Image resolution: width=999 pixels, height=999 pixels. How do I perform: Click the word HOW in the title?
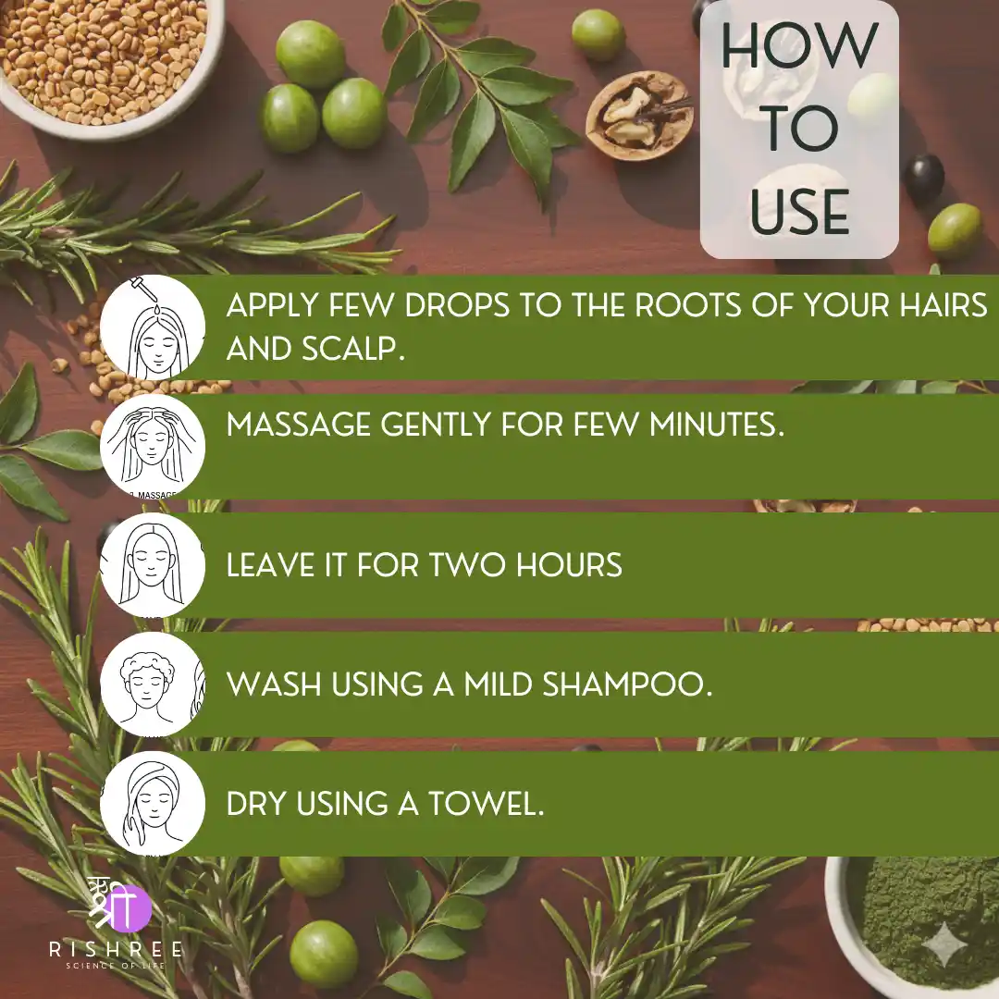[799, 46]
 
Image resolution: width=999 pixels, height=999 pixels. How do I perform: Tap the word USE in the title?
[799, 212]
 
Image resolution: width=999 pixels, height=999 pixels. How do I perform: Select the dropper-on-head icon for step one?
[153, 327]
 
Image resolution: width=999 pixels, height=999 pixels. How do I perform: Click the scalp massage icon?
[153, 447]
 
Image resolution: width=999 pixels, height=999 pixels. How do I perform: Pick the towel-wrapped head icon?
[153, 804]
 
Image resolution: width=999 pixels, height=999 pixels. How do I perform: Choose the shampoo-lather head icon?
[153, 684]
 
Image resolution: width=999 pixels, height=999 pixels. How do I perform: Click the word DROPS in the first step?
[457, 305]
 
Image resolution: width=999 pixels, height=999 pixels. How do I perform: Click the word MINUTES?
[717, 425]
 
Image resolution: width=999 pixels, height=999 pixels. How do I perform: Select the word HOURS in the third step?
[569, 565]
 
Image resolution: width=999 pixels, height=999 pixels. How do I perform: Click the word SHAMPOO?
[627, 684]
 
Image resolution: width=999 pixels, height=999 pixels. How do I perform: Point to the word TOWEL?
[487, 804]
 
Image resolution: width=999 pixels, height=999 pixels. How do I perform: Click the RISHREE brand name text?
[116, 949]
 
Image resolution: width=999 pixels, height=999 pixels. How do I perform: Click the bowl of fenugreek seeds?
[105, 64]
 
